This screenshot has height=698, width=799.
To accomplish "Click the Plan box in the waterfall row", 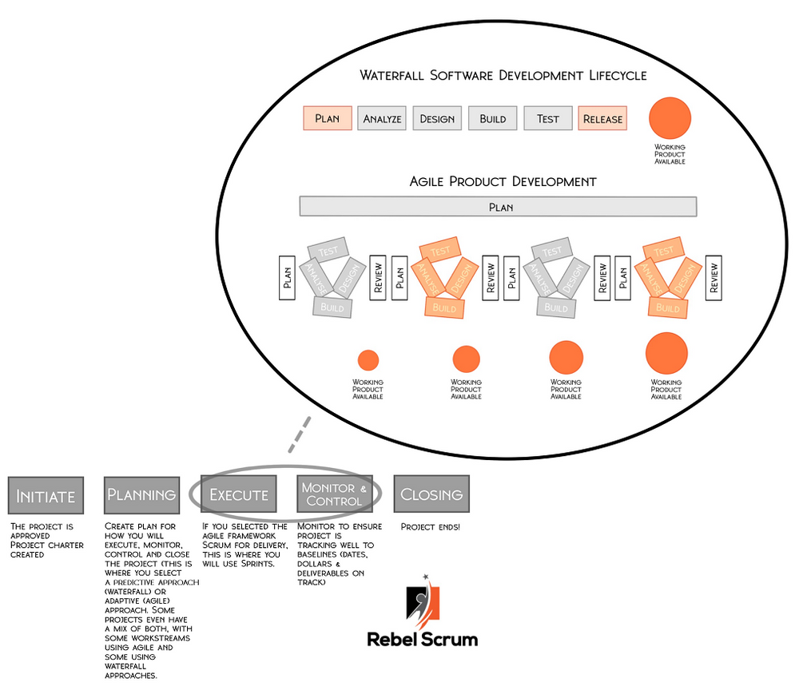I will coord(328,118).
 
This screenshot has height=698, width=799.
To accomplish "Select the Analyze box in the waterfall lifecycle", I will coord(382,118).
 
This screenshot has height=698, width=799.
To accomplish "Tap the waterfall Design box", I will coord(437,118).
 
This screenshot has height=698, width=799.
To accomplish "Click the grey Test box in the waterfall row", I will coord(548,118).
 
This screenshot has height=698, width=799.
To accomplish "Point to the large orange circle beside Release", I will coord(670,119).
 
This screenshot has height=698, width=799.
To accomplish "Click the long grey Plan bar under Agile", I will coord(500,206).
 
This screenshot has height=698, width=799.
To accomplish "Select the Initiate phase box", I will coord(46,495).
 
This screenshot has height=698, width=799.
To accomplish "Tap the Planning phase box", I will coord(141,494).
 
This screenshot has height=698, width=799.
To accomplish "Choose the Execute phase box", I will coord(238,494).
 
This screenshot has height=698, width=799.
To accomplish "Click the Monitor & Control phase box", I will coord(334,494).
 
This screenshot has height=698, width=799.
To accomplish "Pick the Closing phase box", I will coord(431,494).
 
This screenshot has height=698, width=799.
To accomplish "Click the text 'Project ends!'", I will coord(430,527).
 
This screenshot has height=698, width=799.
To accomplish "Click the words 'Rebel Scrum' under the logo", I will coord(422,639).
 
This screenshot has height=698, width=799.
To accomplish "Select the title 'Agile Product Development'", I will coord(503,181).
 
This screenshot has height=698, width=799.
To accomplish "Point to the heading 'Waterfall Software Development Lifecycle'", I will coord(503,75).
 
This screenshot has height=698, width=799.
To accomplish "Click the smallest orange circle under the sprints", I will coord(368,360).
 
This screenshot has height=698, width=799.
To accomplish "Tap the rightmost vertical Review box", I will coord(714,277).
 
